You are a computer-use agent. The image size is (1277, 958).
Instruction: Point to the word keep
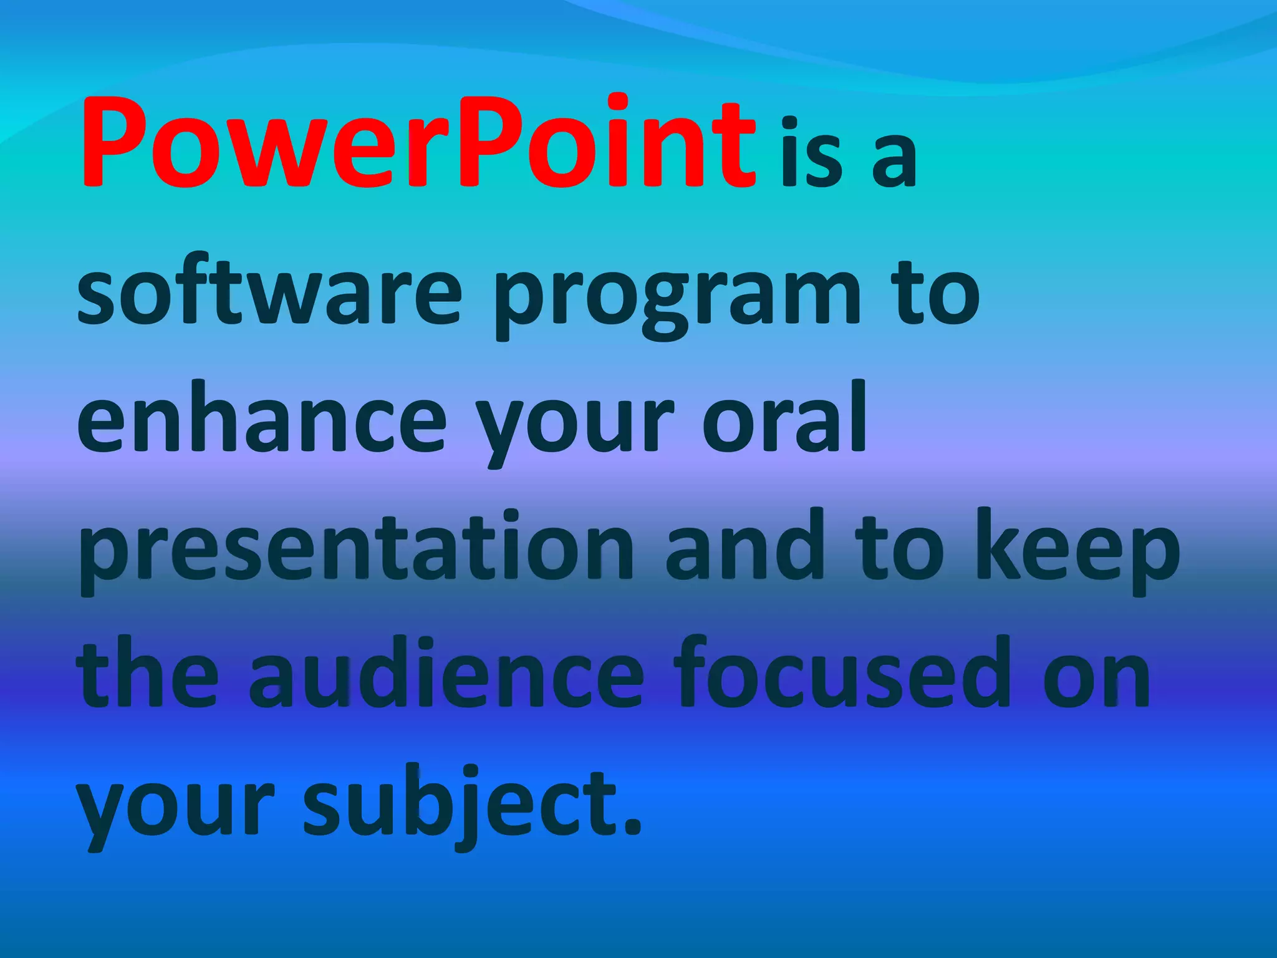(1077, 552)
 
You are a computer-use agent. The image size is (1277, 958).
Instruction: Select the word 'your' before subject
(176, 811)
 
